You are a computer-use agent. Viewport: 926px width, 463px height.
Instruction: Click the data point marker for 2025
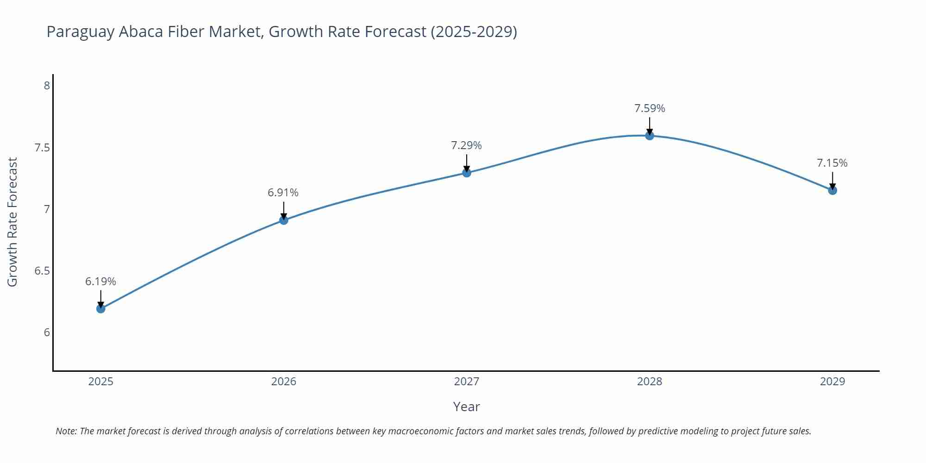101,309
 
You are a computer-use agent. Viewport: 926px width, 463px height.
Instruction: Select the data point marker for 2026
284,220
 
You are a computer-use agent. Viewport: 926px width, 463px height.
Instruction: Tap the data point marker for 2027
467,173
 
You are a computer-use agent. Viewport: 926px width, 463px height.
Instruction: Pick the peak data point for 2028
650,136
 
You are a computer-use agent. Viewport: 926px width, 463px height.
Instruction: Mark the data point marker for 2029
832,190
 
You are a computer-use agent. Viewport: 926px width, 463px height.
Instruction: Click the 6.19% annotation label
100,282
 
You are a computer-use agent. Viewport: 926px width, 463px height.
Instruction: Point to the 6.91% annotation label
283,193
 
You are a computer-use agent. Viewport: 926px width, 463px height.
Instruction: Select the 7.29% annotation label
466,145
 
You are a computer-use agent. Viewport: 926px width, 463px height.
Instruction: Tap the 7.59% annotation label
650,108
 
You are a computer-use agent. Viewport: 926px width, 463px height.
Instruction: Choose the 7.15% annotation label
832,163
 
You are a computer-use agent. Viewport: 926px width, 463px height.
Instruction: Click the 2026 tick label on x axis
284,382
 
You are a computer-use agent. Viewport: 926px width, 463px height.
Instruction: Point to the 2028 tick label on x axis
650,382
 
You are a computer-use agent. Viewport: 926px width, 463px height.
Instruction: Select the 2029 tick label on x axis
832,382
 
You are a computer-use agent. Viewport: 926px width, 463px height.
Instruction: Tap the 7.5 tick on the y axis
42,148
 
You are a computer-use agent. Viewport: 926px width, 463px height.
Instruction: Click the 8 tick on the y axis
47,86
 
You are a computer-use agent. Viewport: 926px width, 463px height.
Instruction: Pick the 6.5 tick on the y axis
42,271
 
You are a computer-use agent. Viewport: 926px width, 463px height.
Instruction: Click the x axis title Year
466,407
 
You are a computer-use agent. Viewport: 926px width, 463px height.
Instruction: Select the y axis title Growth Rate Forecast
13,222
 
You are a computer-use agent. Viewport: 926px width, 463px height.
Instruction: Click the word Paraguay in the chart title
81,32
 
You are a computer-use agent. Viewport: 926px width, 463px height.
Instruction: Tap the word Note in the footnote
66,431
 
